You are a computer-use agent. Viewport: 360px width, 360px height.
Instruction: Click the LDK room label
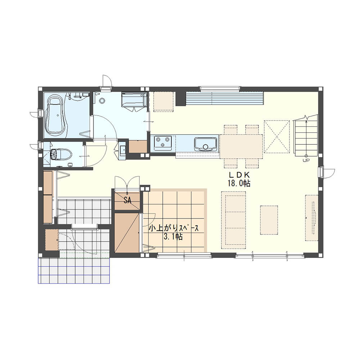tap(239, 175)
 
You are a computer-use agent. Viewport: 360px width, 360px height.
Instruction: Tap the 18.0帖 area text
tap(239, 183)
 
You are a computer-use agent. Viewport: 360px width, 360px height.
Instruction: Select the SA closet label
tap(127, 201)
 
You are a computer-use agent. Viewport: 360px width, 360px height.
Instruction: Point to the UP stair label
tap(306, 161)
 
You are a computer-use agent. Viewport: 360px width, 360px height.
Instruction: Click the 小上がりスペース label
tap(174, 229)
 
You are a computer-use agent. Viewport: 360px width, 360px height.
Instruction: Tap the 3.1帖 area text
tap(173, 237)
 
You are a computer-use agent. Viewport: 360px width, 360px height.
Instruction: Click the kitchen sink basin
tap(206, 144)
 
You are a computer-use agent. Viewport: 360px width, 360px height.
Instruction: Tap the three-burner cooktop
tap(163, 141)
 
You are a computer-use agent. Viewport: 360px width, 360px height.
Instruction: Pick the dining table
tap(241, 147)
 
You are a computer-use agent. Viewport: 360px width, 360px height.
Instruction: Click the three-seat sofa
tap(234, 220)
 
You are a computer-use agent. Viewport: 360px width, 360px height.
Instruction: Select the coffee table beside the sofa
tap(269, 220)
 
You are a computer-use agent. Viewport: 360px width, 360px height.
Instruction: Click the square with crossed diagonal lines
tap(277, 136)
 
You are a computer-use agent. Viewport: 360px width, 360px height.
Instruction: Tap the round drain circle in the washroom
tap(102, 100)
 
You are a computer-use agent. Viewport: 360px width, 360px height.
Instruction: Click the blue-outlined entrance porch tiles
tap(74, 271)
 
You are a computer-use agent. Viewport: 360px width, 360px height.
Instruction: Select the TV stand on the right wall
tap(311, 218)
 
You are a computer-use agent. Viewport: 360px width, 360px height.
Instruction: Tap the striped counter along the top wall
tap(225, 98)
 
